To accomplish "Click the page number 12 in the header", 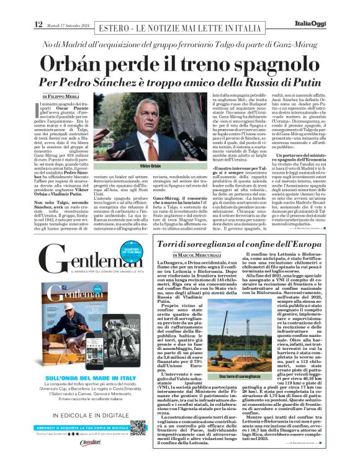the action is (x=38, y=7).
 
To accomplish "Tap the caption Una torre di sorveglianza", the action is (x=240, y=377).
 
